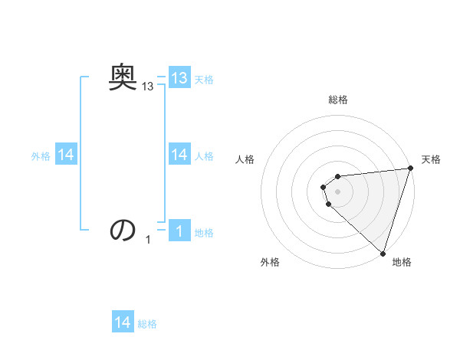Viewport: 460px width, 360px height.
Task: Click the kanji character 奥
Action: pyautogui.click(x=123, y=77)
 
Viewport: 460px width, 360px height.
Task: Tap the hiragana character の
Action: pyautogui.click(x=123, y=230)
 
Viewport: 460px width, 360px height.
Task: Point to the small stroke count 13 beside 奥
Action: pyautogui.click(x=148, y=88)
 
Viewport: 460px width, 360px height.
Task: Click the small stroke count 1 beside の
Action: pyautogui.click(x=148, y=241)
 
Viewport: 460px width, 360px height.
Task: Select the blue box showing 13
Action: pyautogui.click(x=179, y=78)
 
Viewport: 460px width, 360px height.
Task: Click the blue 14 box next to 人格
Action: pyautogui.click(x=179, y=155)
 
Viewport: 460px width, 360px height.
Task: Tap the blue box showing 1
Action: pyautogui.click(x=179, y=231)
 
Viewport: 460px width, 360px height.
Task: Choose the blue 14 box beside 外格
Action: pyautogui.click(x=66, y=155)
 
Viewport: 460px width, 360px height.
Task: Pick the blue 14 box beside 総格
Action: pyautogui.click(x=123, y=322)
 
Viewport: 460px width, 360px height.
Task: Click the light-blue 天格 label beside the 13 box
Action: pyautogui.click(x=204, y=80)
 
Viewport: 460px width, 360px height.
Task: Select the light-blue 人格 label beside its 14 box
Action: pyautogui.click(x=204, y=156)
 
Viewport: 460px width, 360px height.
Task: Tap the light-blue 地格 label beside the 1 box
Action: pyautogui.click(x=204, y=233)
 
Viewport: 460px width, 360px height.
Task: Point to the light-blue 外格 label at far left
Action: pyautogui.click(x=41, y=156)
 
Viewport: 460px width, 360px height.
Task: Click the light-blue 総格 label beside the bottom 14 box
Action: pyautogui.click(x=147, y=324)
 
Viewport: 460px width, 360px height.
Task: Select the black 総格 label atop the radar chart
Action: pyautogui.click(x=338, y=100)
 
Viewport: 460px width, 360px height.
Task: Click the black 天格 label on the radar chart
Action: pyautogui.click(x=431, y=159)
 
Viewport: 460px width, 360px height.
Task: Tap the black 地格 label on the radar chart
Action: pyautogui.click(x=402, y=262)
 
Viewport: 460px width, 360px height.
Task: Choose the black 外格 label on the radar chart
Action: pyautogui.click(x=270, y=262)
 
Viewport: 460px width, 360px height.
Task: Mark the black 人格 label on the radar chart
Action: pyautogui.click(x=245, y=159)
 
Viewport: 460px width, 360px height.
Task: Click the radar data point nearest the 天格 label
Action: pyautogui.click(x=410, y=169)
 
